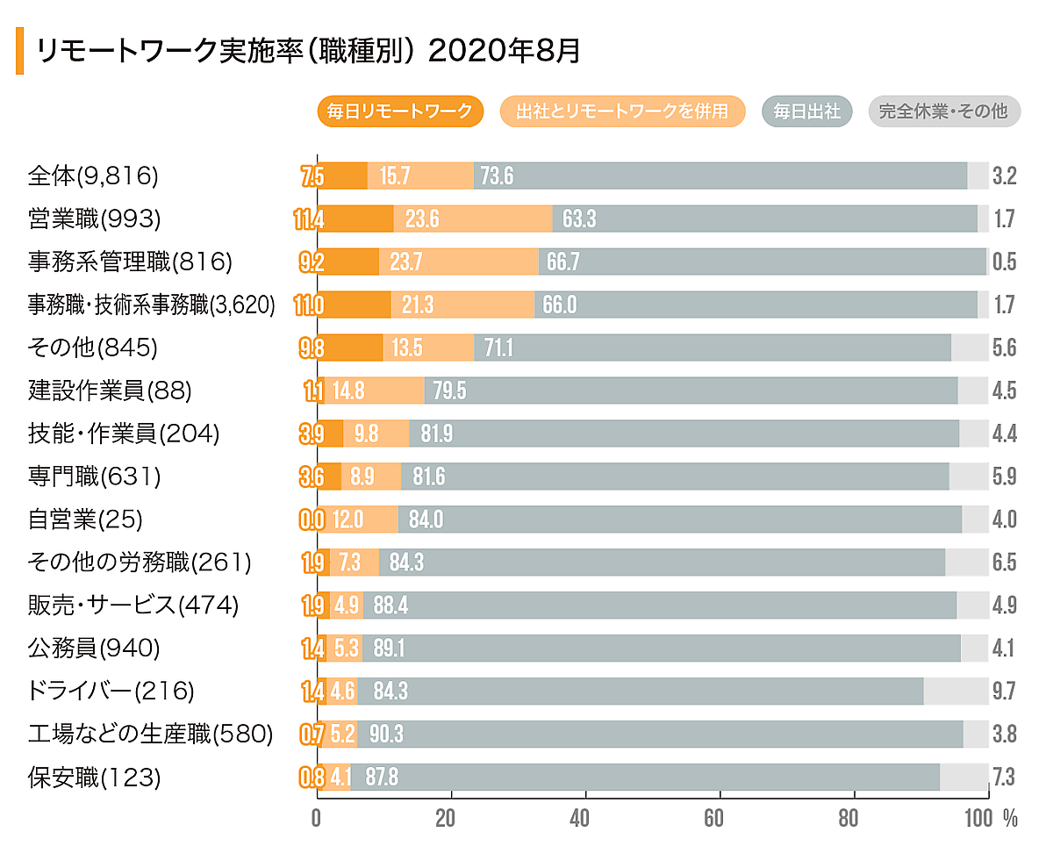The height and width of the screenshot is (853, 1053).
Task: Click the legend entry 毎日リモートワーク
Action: [x=400, y=111]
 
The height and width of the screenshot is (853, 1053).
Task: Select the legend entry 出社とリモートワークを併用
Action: [x=622, y=111]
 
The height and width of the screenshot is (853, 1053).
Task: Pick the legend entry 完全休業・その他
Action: [x=943, y=111]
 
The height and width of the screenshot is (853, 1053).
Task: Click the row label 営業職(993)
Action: [x=107, y=219]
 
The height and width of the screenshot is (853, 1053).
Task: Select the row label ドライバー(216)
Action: [x=111, y=691]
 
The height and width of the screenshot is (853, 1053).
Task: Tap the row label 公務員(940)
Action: [x=94, y=648]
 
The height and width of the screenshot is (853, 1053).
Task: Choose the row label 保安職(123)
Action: [x=95, y=777]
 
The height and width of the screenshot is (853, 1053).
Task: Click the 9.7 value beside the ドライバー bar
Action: [x=1004, y=691]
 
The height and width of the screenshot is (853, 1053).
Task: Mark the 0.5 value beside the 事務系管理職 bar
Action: [x=1004, y=262]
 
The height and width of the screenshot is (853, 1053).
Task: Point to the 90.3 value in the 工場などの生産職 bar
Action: [x=386, y=734]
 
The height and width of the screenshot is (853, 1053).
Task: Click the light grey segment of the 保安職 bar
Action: [x=963, y=777]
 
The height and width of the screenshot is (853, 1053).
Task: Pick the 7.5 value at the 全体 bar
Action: [x=312, y=176]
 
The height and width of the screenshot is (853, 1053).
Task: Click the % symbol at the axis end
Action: [x=1010, y=819]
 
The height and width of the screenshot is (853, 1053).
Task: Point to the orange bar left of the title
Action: [x=19, y=51]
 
